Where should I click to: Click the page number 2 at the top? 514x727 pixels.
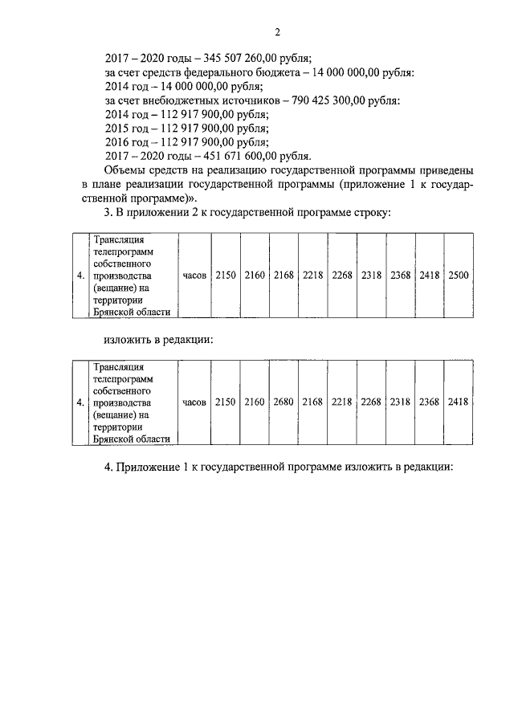point(276,32)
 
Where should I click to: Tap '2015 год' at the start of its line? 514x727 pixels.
point(128,129)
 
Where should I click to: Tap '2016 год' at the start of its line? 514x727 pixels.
point(128,142)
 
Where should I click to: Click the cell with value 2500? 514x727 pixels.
point(459,276)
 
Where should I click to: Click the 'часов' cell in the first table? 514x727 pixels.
point(194,276)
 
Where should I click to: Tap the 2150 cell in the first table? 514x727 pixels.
point(226,276)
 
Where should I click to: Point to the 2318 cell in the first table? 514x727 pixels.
point(371,276)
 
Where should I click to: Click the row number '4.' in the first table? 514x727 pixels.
point(80,276)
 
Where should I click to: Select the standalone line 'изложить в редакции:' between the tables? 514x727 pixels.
point(158,339)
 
